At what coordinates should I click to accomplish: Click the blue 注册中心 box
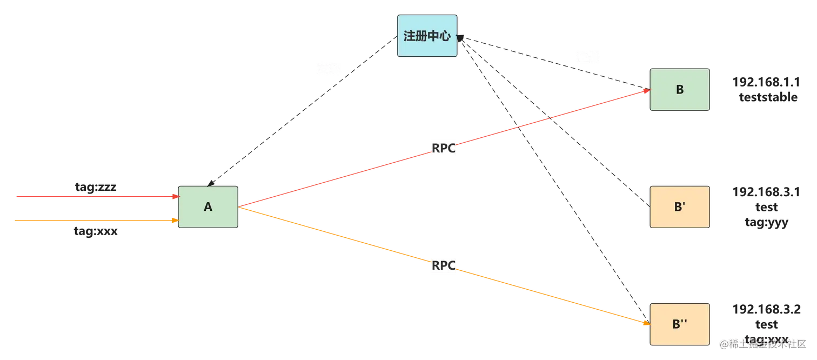pos(427,36)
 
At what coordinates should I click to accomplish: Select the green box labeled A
pos(208,207)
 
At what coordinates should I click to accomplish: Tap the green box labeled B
pos(680,90)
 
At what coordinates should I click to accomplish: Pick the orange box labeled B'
pos(680,207)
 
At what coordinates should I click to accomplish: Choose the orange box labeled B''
pos(680,324)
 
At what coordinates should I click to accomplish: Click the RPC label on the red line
pos(444,148)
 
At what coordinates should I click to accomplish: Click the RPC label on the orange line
pos(444,266)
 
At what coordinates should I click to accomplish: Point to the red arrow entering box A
pos(92,197)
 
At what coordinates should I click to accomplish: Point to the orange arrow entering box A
pos(92,221)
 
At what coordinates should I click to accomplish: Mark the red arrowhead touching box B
pos(645,91)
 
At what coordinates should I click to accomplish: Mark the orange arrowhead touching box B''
pos(645,323)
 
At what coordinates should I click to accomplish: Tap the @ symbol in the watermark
pos(723,344)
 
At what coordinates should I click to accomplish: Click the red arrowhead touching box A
pos(174,197)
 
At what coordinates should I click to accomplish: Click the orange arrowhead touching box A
pos(174,221)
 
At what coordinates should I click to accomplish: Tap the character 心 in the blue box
pos(445,36)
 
